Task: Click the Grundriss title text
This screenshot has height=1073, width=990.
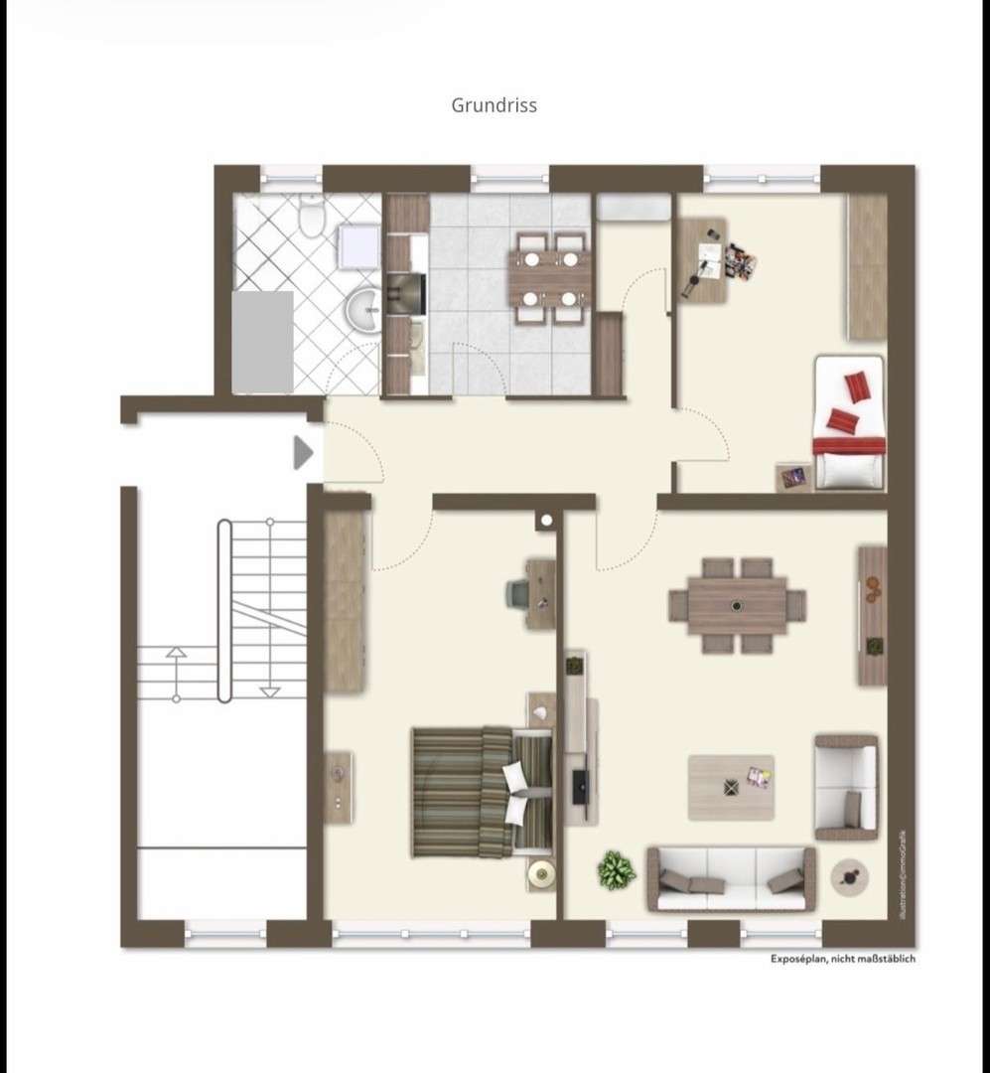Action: [495, 104]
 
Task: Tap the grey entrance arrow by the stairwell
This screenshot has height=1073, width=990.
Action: [303, 453]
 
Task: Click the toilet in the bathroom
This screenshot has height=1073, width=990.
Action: [311, 218]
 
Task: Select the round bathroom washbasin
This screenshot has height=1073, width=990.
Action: [366, 310]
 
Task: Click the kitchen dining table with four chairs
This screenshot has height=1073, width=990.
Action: [549, 277]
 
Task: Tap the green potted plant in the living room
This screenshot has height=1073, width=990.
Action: [616, 870]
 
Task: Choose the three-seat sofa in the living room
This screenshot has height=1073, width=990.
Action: [731, 879]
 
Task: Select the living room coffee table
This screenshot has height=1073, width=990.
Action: [731, 787]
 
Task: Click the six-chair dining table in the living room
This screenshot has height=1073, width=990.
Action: [737, 605]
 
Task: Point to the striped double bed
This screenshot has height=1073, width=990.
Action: [482, 792]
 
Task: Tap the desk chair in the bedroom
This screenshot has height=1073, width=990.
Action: [518, 593]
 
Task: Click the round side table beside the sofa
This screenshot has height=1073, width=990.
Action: [850, 877]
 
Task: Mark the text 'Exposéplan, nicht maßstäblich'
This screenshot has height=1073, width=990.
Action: [843, 959]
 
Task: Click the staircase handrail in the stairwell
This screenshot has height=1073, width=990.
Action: [224, 609]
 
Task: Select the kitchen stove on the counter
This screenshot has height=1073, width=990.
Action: [406, 293]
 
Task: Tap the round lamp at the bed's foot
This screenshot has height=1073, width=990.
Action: [542, 874]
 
